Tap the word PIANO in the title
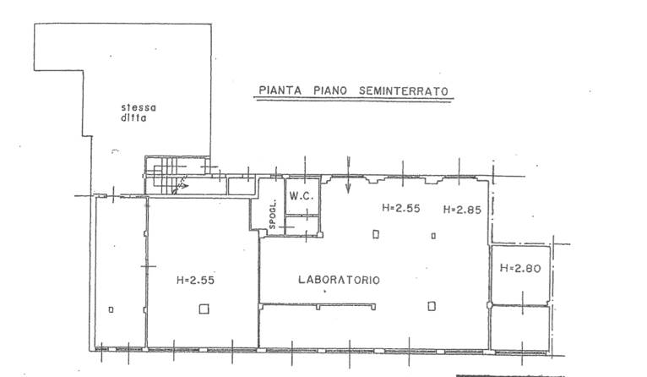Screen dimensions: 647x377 tap(330, 90)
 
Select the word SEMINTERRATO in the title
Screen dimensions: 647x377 tap(404, 91)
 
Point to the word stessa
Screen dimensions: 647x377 tap(139, 107)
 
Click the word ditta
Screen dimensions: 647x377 tap(133, 118)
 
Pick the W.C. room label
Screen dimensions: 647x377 tap(302, 196)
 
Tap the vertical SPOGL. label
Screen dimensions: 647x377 tap(272, 214)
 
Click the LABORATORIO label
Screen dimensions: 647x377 tap(340, 280)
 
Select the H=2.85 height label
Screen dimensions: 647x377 tap(462, 210)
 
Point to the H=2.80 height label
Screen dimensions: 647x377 tap(520, 269)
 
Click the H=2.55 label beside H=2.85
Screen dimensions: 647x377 tap(401, 208)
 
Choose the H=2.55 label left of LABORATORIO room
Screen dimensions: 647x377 tap(196, 281)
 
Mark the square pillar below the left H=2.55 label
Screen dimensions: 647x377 tap(204, 309)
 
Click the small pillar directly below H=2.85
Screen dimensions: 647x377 tap(433, 236)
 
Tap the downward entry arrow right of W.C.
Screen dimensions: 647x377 tap(348, 175)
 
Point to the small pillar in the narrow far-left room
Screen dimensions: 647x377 tap(111, 309)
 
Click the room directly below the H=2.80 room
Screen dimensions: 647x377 tap(520, 328)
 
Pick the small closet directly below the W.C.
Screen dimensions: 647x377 tap(302, 226)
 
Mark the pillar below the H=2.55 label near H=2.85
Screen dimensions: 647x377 tap(376, 234)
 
